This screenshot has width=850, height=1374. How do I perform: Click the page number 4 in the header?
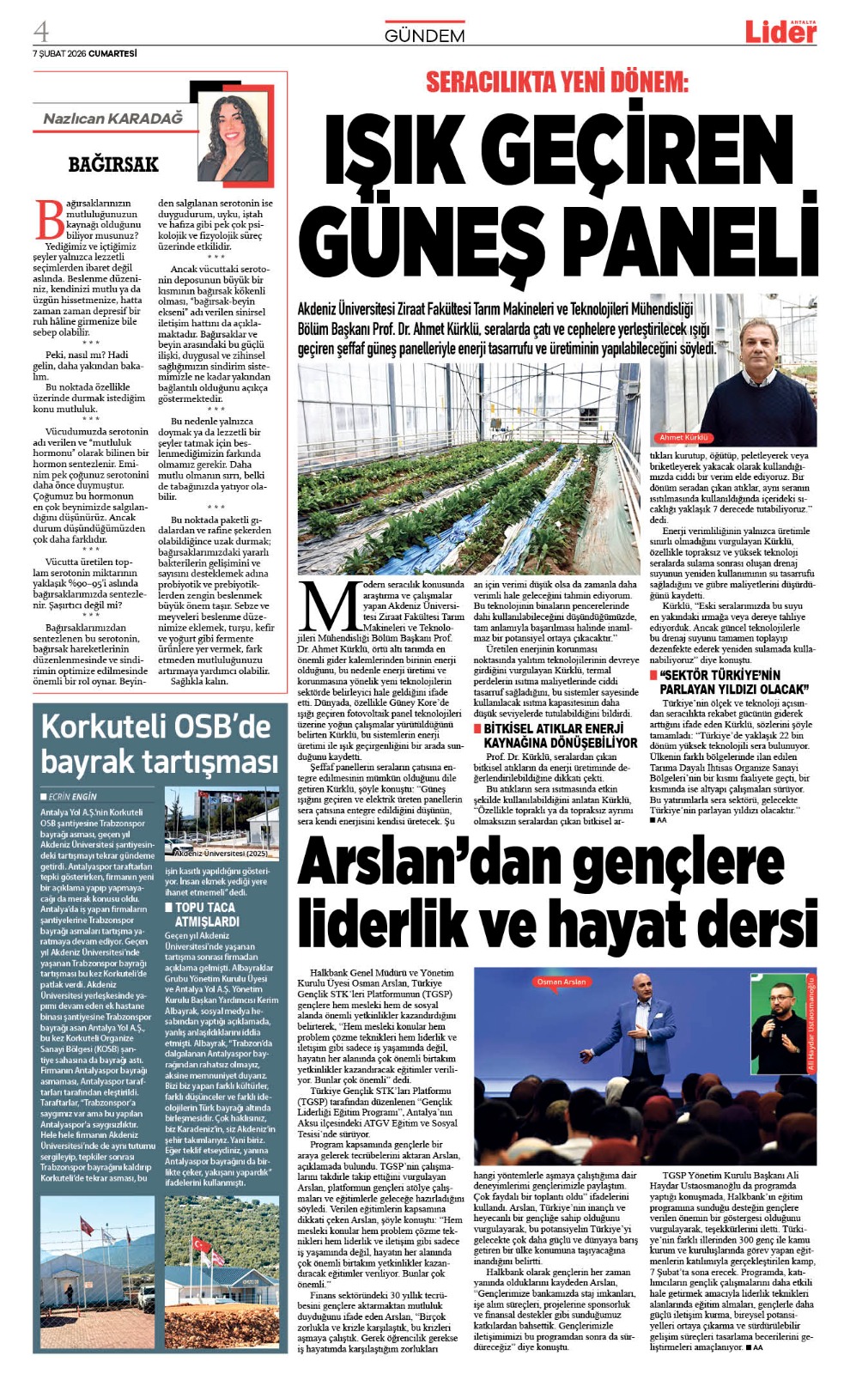41,31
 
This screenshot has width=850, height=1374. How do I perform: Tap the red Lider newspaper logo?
780,32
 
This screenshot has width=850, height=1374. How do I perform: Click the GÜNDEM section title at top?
424,35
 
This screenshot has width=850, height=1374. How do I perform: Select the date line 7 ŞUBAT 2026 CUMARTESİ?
84,53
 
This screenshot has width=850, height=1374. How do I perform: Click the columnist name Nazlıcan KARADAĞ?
113,119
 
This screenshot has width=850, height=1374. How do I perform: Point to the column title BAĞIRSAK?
113,163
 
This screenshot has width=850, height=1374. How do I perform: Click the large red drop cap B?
49,219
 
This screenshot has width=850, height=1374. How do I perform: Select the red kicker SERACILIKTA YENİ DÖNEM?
557,82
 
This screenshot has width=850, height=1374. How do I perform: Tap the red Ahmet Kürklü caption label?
683,438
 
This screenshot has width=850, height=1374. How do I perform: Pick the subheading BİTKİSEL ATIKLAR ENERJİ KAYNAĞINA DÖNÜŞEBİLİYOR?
560,735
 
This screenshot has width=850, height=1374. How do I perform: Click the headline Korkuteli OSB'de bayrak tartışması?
159,744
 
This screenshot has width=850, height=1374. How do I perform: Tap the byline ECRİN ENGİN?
72,796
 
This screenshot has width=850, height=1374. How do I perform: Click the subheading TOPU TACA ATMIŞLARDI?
206,914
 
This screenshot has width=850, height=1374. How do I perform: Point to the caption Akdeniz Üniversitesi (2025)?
221,854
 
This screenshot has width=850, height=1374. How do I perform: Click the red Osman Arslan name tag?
562,982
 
